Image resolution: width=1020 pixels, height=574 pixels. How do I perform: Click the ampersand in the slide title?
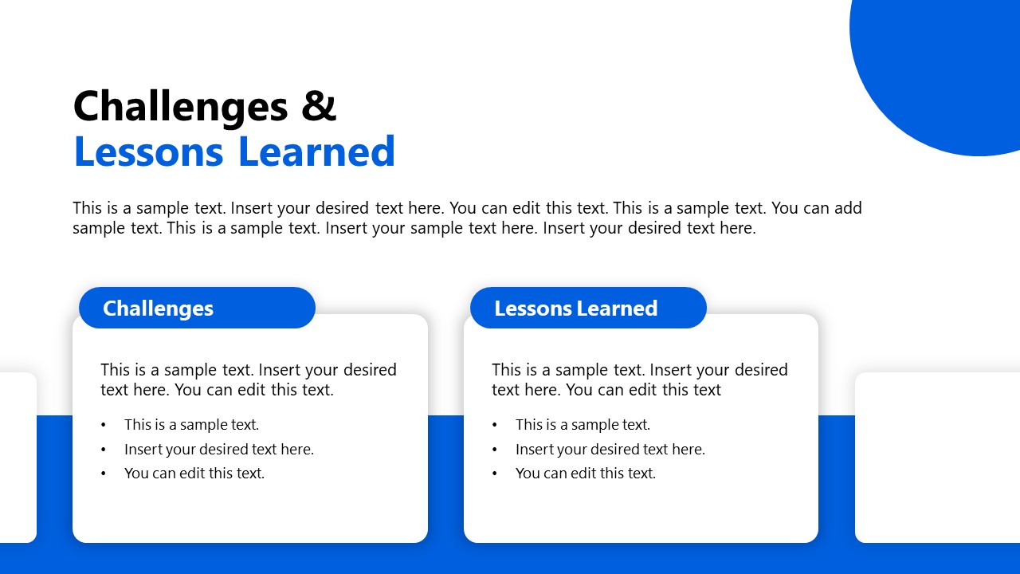(319, 106)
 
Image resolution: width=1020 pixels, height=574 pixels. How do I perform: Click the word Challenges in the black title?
(180, 106)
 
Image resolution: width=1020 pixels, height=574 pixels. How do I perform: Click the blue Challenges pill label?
(197, 308)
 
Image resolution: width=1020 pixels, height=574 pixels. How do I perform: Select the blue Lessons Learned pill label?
(587, 308)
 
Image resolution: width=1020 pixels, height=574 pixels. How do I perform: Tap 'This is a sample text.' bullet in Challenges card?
(191, 425)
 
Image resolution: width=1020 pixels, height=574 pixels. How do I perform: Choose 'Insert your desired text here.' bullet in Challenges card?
(219, 449)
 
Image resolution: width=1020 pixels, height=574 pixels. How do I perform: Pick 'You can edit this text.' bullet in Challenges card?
(194, 473)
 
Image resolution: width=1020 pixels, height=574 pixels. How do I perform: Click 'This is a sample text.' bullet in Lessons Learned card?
(583, 425)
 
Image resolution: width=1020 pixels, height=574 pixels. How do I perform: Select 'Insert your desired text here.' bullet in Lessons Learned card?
(610, 449)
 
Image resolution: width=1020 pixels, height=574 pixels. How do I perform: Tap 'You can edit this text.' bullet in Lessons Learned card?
(586, 473)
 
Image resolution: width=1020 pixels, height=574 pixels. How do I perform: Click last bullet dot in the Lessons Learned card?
(495, 474)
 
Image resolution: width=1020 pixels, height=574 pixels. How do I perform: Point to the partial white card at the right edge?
(937, 457)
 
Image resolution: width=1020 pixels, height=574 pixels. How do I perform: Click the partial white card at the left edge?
(18, 457)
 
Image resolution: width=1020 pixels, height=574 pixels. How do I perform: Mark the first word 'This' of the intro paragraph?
(88, 208)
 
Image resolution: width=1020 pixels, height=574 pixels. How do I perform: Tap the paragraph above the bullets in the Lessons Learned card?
(639, 379)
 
